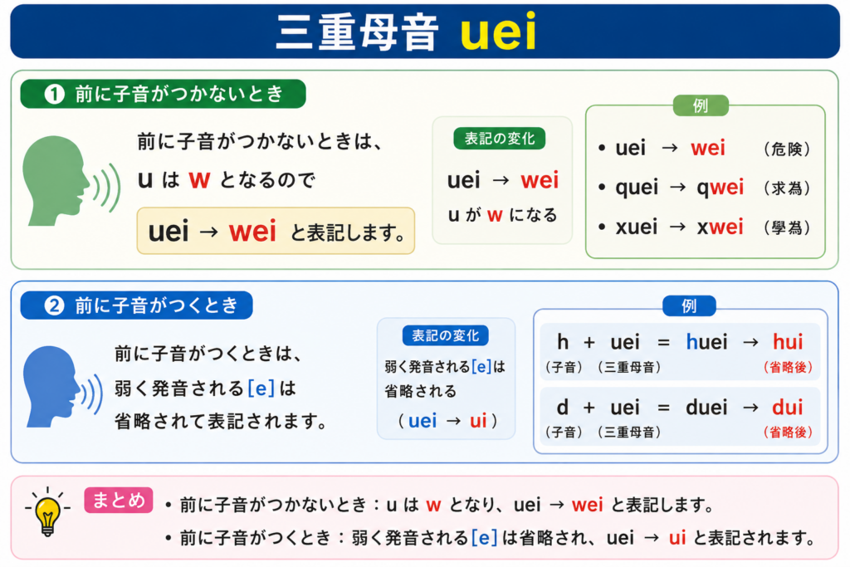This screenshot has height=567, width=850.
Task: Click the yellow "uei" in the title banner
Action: tap(498, 32)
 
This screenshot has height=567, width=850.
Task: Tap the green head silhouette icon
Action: tap(57, 180)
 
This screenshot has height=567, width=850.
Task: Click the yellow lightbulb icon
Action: tap(47, 512)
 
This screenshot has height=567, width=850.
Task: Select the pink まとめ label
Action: tap(119, 500)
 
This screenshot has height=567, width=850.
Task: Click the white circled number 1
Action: tap(54, 95)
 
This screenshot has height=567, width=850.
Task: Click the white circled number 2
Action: tap(54, 305)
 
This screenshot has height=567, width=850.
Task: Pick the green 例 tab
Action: tap(701, 105)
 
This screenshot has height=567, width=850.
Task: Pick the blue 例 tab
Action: tap(689, 306)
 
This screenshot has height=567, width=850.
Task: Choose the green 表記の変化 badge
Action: tap(499, 139)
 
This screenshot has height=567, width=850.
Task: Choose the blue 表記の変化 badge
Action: tap(445, 335)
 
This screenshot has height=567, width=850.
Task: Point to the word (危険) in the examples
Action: tap(787, 149)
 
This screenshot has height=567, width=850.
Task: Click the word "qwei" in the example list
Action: tap(720, 188)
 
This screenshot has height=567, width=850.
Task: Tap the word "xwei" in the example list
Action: tap(720, 227)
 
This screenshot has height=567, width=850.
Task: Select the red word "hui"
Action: tap(788, 342)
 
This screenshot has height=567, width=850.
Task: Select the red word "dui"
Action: tap(788, 407)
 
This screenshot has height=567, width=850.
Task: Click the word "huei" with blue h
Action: tap(707, 342)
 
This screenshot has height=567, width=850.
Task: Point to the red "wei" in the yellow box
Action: tap(252, 232)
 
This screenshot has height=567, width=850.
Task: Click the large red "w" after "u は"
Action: tap(199, 179)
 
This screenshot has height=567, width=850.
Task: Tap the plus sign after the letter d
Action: tap(589, 408)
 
